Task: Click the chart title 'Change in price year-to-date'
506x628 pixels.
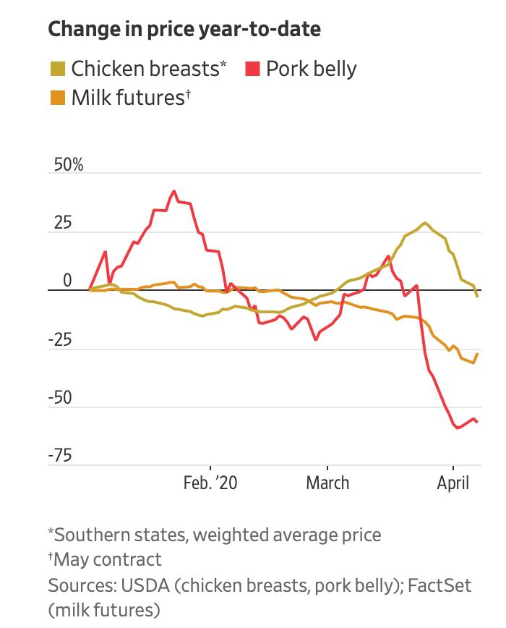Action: pyautogui.click(x=184, y=30)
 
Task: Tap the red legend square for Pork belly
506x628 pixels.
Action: pyautogui.click(x=252, y=69)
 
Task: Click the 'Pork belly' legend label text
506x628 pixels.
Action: pyautogui.click(x=312, y=69)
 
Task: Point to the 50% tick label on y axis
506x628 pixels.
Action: pyautogui.click(x=66, y=165)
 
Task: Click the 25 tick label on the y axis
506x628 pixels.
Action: pyautogui.click(x=63, y=223)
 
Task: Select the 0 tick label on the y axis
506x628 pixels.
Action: pyautogui.click(x=67, y=281)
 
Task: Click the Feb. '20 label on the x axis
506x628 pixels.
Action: pyautogui.click(x=210, y=483)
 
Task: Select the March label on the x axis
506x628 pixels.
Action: pyautogui.click(x=327, y=483)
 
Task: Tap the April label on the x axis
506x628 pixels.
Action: pyautogui.click(x=453, y=483)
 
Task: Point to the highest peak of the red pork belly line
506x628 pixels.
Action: pyautogui.click(x=173, y=191)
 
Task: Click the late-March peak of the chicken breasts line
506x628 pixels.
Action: pyautogui.click(x=424, y=223)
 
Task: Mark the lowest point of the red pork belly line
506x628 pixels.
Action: pyautogui.click(x=458, y=428)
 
